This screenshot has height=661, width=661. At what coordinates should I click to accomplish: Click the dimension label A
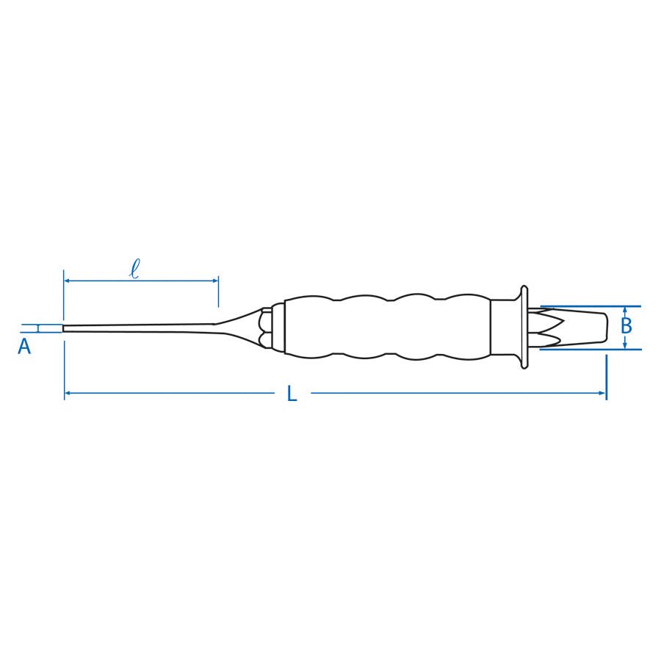(x=24, y=347)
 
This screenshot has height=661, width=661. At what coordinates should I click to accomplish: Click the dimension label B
(x=626, y=325)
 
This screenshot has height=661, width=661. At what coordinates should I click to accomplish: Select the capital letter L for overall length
(x=292, y=394)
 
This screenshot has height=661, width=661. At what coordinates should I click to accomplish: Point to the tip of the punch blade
(x=65, y=328)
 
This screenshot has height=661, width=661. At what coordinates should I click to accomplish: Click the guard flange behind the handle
(x=524, y=327)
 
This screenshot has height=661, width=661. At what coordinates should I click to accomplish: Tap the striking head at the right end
(x=588, y=328)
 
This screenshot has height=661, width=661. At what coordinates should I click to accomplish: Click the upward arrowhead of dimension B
(x=624, y=310)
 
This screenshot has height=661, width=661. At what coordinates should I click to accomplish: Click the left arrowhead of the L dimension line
(x=68, y=394)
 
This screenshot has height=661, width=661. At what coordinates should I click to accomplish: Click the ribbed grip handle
(x=382, y=328)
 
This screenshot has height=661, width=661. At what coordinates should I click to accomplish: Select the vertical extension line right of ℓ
(x=218, y=294)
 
